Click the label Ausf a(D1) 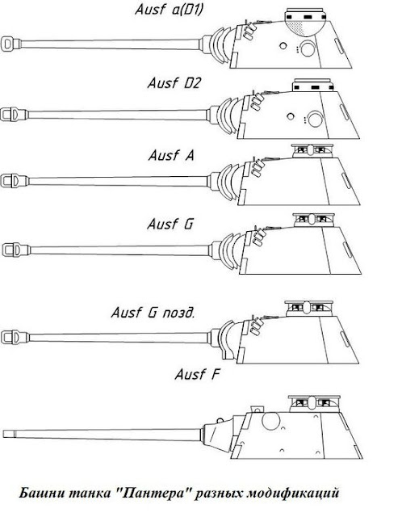click(169, 9)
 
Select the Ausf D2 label click(174, 83)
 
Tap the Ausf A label click(171, 155)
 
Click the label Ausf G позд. click(153, 313)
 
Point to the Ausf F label click(197, 375)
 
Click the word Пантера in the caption click(154, 494)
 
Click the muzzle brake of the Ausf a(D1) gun click(10, 44)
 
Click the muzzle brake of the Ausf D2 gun click(14, 115)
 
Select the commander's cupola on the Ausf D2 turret click(312, 85)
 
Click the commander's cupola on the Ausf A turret click(312, 151)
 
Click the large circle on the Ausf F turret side click(270, 421)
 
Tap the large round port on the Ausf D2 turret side click(316, 119)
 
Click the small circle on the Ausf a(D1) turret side click(283, 45)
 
